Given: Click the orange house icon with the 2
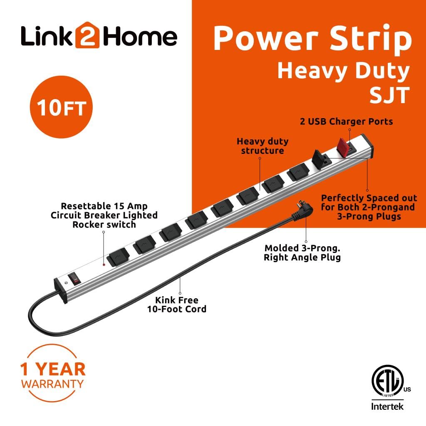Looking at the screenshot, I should coord(87,37).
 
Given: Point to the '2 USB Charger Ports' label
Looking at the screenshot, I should coord(347,121).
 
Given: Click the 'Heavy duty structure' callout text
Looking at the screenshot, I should coord(263,146).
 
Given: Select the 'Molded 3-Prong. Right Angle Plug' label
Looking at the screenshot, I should coord(302,253).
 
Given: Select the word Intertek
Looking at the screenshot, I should coord(387,406).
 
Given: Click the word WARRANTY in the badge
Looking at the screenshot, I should coord(52,384).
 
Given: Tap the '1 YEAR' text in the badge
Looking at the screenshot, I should coord(52,369).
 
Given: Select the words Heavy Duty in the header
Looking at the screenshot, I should coord(343,71).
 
